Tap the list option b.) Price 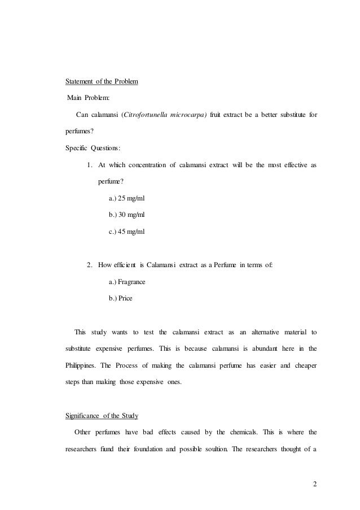(x=120, y=298)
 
